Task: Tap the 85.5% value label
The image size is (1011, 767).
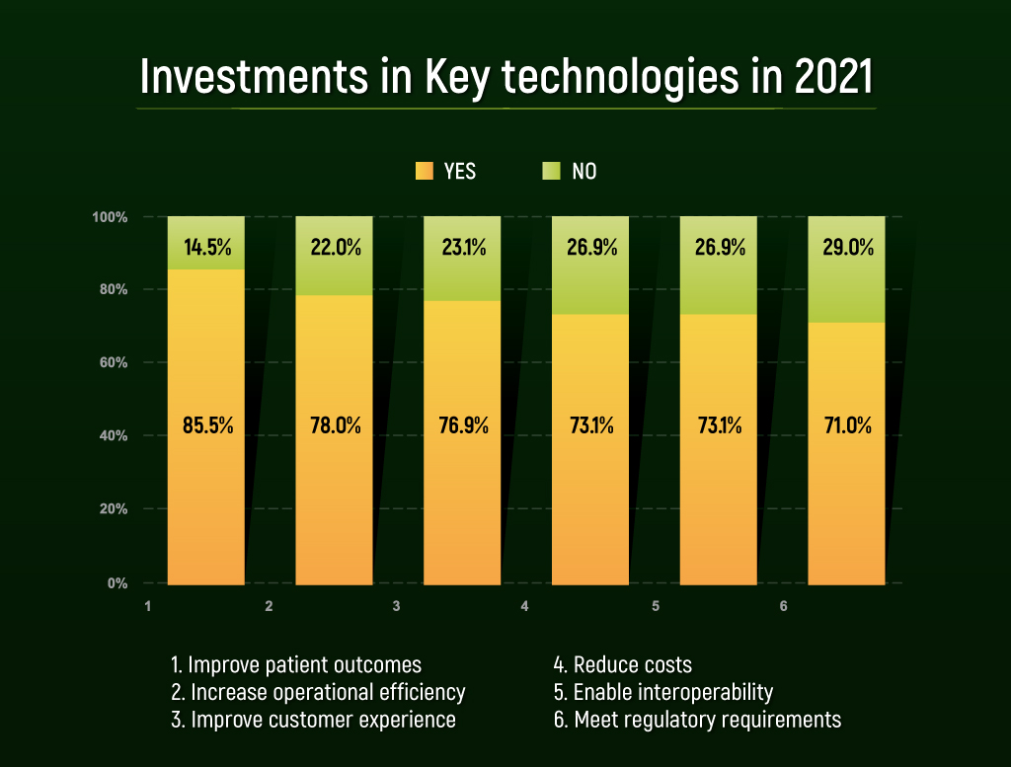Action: click(206, 426)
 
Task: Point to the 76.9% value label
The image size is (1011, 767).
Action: click(462, 426)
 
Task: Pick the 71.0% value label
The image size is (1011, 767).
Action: click(847, 426)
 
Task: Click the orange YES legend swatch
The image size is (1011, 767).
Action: click(425, 171)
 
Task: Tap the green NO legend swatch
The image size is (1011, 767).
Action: click(552, 171)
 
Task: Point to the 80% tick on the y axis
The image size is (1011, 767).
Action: click(117, 289)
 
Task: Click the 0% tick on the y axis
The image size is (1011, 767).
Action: click(118, 583)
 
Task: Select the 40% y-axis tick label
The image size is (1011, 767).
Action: click(117, 435)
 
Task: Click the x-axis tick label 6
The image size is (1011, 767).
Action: click(783, 605)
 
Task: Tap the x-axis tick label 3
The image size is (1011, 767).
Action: click(396, 605)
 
